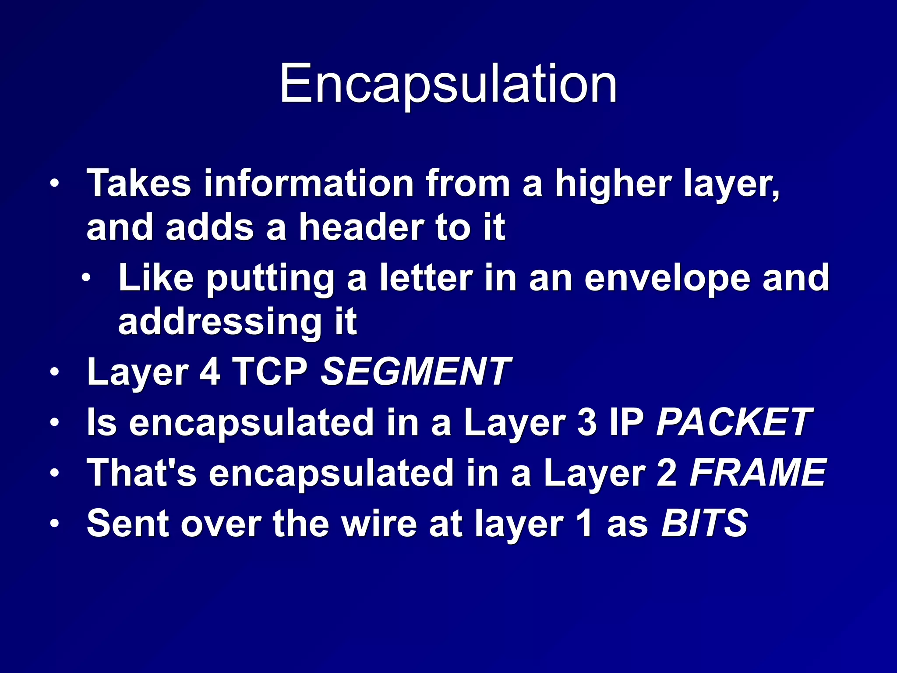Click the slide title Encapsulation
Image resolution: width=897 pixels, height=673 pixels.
[x=448, y=84]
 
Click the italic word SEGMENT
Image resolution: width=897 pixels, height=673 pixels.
[x=415, y=372]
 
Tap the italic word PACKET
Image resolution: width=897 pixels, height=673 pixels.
[x=734, y=422]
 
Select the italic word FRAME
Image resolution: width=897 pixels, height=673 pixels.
[x=758, y=473]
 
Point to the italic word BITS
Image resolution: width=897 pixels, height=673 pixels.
[x=704, y=523]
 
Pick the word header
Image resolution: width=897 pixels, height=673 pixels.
[x=360, y=228]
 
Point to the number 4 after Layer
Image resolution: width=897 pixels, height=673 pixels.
[x=210, y=372]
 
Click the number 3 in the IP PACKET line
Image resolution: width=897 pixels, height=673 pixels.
[x=587, y=422]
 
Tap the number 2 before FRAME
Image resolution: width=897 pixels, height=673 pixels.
[x=667, y=473]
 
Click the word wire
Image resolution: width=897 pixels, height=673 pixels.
[x=379, y=523]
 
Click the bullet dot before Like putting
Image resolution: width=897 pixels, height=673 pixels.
[x=87, y=278]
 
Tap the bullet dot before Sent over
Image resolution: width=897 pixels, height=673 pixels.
[x=54, y=523]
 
